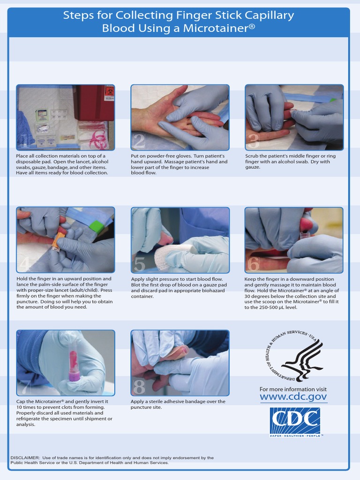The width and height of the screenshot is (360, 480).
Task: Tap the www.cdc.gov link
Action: pos(293,397)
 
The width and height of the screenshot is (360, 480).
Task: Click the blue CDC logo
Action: pos(295,421)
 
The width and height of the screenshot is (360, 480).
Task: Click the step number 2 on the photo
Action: pos(139,141)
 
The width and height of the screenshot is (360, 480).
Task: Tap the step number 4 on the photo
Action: pos(25,264)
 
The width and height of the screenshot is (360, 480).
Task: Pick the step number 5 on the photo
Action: pos(139,264)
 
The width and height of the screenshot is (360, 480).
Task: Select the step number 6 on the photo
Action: pos(253,264)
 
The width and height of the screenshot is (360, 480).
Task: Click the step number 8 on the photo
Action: pos(139,387)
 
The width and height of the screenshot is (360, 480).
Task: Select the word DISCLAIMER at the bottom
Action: pos(24,457)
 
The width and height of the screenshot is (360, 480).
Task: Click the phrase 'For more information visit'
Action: pos(293,389)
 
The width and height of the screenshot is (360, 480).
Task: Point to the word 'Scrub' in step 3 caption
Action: pos(252,156)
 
